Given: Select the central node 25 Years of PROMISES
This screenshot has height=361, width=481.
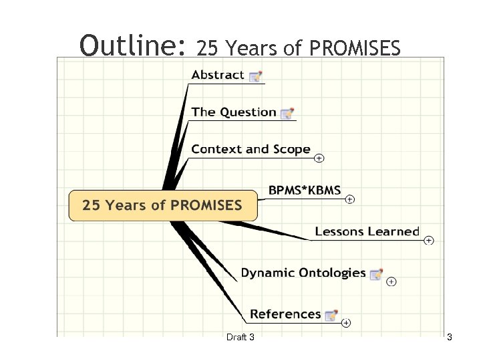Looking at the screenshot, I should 162,205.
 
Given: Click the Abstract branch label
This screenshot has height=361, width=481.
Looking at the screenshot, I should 218,75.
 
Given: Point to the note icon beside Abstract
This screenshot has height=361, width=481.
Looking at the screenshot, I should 255,76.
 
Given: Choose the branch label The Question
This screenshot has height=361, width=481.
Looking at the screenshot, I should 234,112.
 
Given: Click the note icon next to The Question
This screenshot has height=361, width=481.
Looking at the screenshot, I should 287,113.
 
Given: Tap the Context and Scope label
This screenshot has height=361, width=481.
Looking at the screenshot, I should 251,150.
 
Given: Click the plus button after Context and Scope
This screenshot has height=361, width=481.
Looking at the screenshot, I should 319,158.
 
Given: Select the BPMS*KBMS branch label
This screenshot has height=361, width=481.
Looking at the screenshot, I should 305,191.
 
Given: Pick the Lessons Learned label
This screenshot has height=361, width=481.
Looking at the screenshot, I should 367,232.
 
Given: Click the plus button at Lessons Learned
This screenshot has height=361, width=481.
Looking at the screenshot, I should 429,240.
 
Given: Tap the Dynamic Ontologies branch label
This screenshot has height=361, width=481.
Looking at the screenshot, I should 303,273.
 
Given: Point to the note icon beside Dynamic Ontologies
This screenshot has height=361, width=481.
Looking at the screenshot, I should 376,274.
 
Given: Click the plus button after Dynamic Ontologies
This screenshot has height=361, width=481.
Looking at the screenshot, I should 391,281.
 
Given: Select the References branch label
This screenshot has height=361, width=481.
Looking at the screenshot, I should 285,314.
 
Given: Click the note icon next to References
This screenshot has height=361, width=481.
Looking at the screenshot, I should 331,315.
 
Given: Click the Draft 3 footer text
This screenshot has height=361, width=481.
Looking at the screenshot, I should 240,337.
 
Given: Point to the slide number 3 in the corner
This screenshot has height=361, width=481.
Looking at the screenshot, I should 450,337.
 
